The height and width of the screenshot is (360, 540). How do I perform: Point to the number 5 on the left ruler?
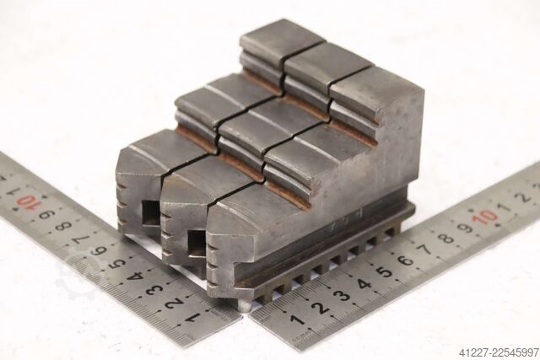point(118,263)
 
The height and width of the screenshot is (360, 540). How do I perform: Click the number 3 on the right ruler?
point(342,295)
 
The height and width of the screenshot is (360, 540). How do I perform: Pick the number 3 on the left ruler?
point(155,289)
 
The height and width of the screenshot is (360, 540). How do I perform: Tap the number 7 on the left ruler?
point(81,238)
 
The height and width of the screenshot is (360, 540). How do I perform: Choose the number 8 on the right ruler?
point(446,238)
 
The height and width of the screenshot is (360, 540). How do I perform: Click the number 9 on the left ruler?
point(46,215)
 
